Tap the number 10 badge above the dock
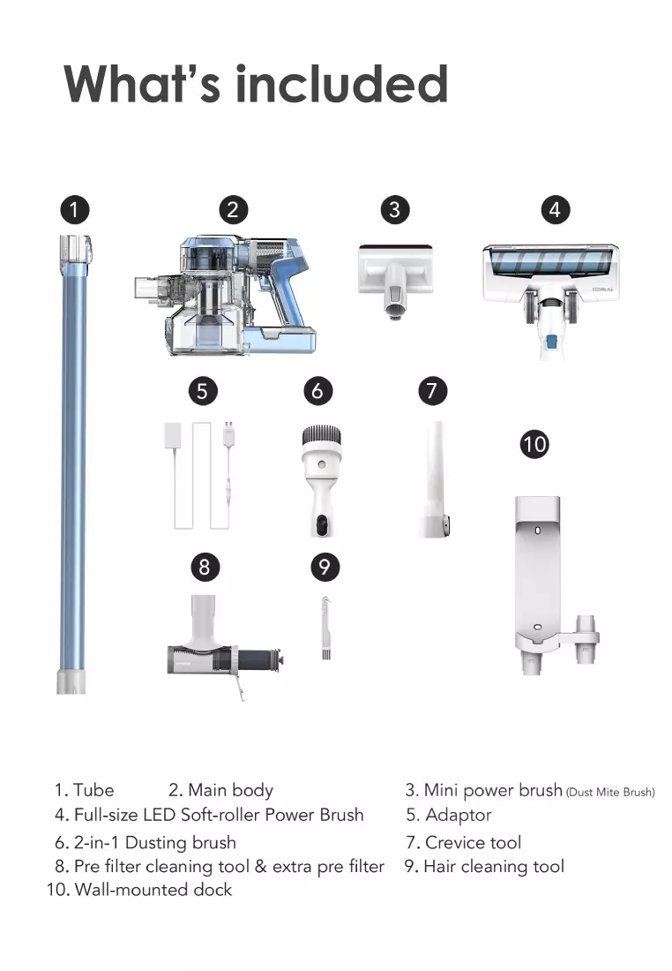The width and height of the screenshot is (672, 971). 534,443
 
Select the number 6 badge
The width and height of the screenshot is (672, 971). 317,390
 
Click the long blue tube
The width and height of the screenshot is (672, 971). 72,459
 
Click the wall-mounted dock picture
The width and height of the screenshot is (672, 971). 542,583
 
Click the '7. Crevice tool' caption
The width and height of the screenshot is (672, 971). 464,842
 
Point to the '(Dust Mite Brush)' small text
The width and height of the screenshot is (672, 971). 610,793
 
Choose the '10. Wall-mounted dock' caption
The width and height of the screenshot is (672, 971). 139,890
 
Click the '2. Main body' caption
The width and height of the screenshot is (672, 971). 220,790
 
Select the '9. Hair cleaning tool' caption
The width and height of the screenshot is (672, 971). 484,867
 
